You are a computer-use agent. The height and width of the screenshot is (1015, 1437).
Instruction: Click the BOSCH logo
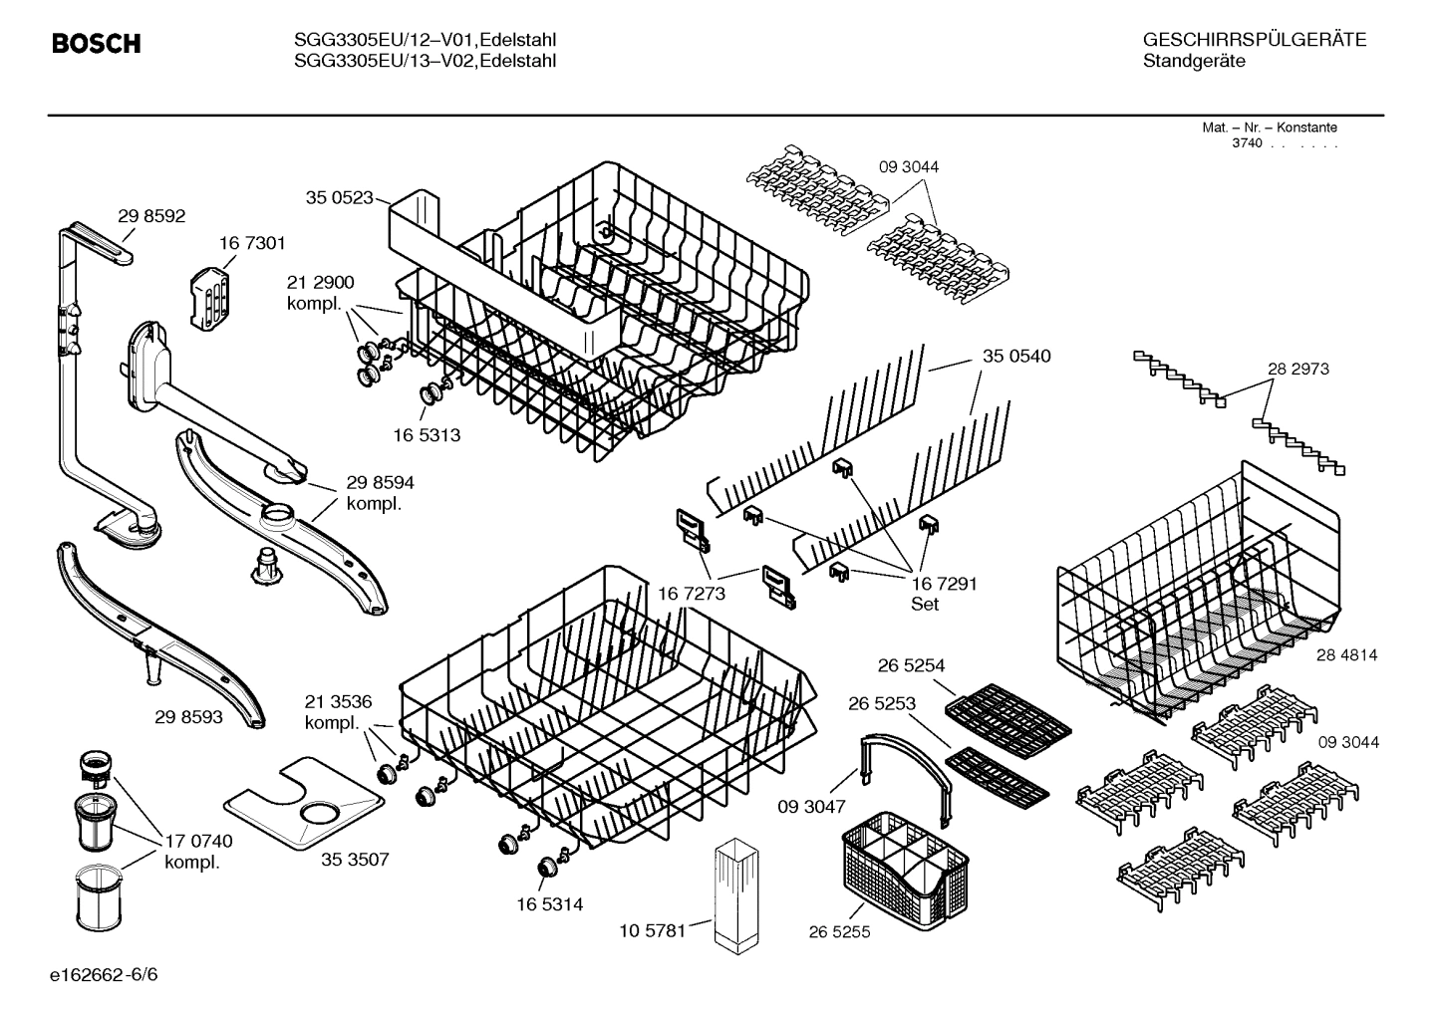coord(96,44)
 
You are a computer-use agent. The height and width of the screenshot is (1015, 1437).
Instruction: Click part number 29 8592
coord(151,216)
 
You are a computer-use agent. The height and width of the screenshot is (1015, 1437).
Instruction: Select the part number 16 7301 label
coord(252,243)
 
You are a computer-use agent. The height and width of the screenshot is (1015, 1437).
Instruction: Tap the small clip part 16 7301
coord(209,296)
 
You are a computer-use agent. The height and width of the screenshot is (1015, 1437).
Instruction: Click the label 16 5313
coord(427,435)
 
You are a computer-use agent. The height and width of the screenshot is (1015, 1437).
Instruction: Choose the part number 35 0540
coord(1016,356)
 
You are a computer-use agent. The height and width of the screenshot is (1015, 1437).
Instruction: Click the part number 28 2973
coord(1297,369)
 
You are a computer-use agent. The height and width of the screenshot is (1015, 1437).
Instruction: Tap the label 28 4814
coord(1346,654)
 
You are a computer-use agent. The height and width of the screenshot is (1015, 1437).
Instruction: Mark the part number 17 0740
coord(198,842)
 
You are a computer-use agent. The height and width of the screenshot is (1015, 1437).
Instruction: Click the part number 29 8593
coord(188,716)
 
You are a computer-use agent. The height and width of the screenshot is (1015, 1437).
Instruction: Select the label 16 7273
coord(692,594)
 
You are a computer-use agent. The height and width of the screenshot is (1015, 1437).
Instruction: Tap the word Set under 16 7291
coord(925,604)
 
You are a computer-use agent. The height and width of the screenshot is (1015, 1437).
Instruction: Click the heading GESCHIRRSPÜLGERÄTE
coord(1254,40)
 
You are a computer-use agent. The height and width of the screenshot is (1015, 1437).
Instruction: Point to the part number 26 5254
coord(911,665)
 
